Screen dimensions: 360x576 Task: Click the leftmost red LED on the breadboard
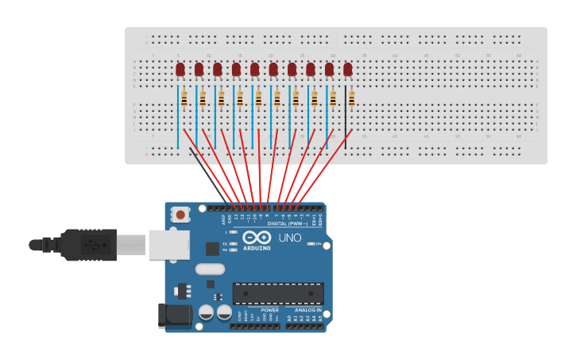point(180,69)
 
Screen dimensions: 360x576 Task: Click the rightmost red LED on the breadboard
point(347,69)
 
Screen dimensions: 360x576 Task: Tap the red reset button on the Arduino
point(180,215)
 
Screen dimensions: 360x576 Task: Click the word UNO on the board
point(290,238)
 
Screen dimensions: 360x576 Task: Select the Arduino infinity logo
point(257,237)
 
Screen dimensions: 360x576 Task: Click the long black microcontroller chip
point(278,293)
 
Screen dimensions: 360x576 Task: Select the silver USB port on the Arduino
point(169,245)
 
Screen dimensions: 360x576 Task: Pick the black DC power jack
point(175,315)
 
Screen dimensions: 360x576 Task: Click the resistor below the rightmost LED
point(351,99)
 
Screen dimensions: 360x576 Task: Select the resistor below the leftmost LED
point(184,99)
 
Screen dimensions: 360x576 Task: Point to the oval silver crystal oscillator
point(210,269)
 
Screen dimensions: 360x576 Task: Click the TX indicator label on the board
point(225,244)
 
